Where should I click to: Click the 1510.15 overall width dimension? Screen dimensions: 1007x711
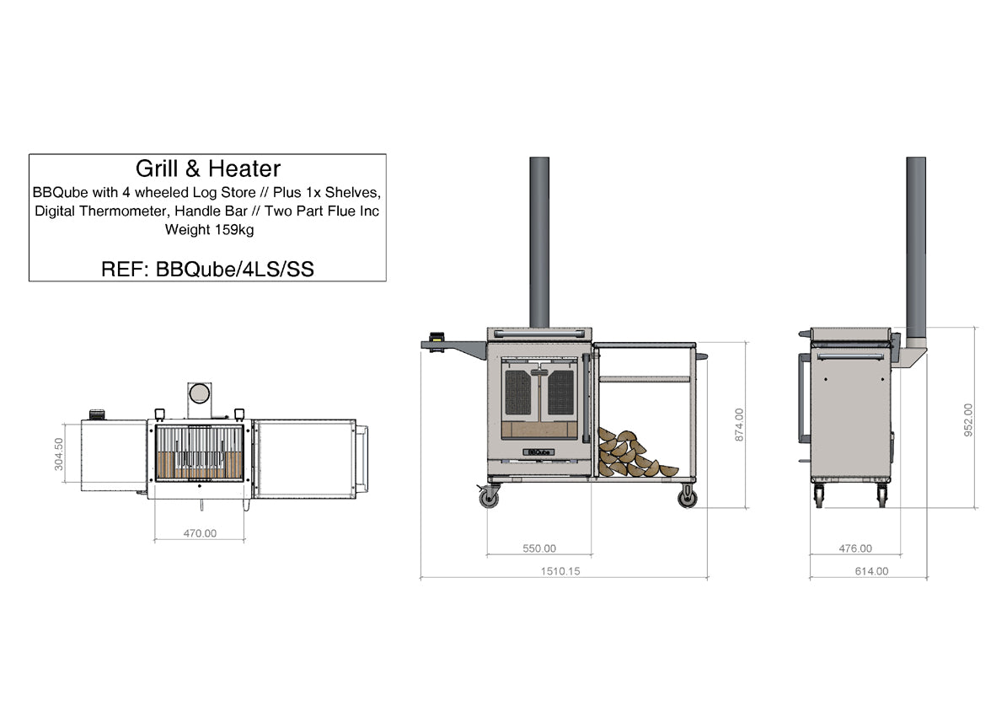point(560,571)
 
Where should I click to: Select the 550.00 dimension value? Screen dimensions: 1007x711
point(538,548)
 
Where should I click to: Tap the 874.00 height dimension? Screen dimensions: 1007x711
point(739,425)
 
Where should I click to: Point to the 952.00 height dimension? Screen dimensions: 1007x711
point(968,420)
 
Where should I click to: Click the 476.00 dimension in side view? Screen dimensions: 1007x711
point(855,548)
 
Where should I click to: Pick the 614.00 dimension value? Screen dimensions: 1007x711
point(871,571)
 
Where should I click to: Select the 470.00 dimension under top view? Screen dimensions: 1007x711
point(200,533)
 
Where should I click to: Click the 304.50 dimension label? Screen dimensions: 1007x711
point(59,454)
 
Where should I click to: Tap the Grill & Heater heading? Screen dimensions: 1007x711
point(208,168)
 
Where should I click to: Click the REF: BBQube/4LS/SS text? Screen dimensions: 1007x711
point(207,269)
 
